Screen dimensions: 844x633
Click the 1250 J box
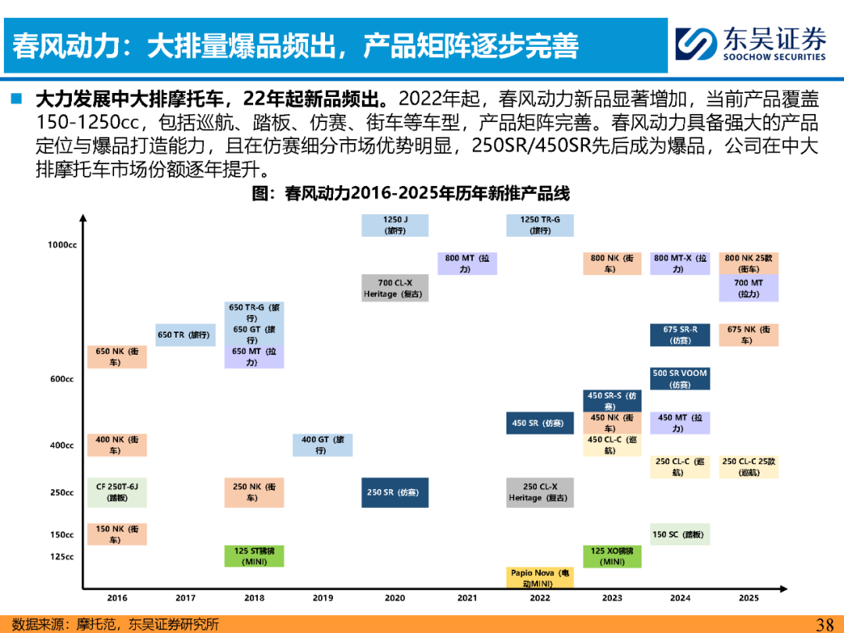[395, 225]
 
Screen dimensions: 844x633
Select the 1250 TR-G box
[539, 225]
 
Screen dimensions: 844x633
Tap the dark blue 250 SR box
[395, 492]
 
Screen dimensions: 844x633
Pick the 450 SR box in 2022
[539, 423]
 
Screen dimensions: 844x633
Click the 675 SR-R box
[680, 334]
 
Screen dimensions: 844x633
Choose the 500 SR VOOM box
[680, 379]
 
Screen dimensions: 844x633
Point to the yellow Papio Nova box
[539, 578]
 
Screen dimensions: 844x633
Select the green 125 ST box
[254, 556]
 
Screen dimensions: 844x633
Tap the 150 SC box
[680, 535]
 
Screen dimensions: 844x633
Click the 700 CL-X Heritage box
[395, 288]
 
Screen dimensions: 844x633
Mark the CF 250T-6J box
[116, 492]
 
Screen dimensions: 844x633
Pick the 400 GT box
[323, 445]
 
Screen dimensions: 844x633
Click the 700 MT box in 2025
[748, 288]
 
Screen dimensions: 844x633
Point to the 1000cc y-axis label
[63, 245]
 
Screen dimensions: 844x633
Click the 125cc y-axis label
[62, 556]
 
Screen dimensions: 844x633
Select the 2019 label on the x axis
[323, 598]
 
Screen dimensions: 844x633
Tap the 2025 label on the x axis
[749, 598]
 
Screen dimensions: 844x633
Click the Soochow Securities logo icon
[696, 44]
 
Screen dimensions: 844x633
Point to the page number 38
[825, 624]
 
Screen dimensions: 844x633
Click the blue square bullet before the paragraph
[16, 98]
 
